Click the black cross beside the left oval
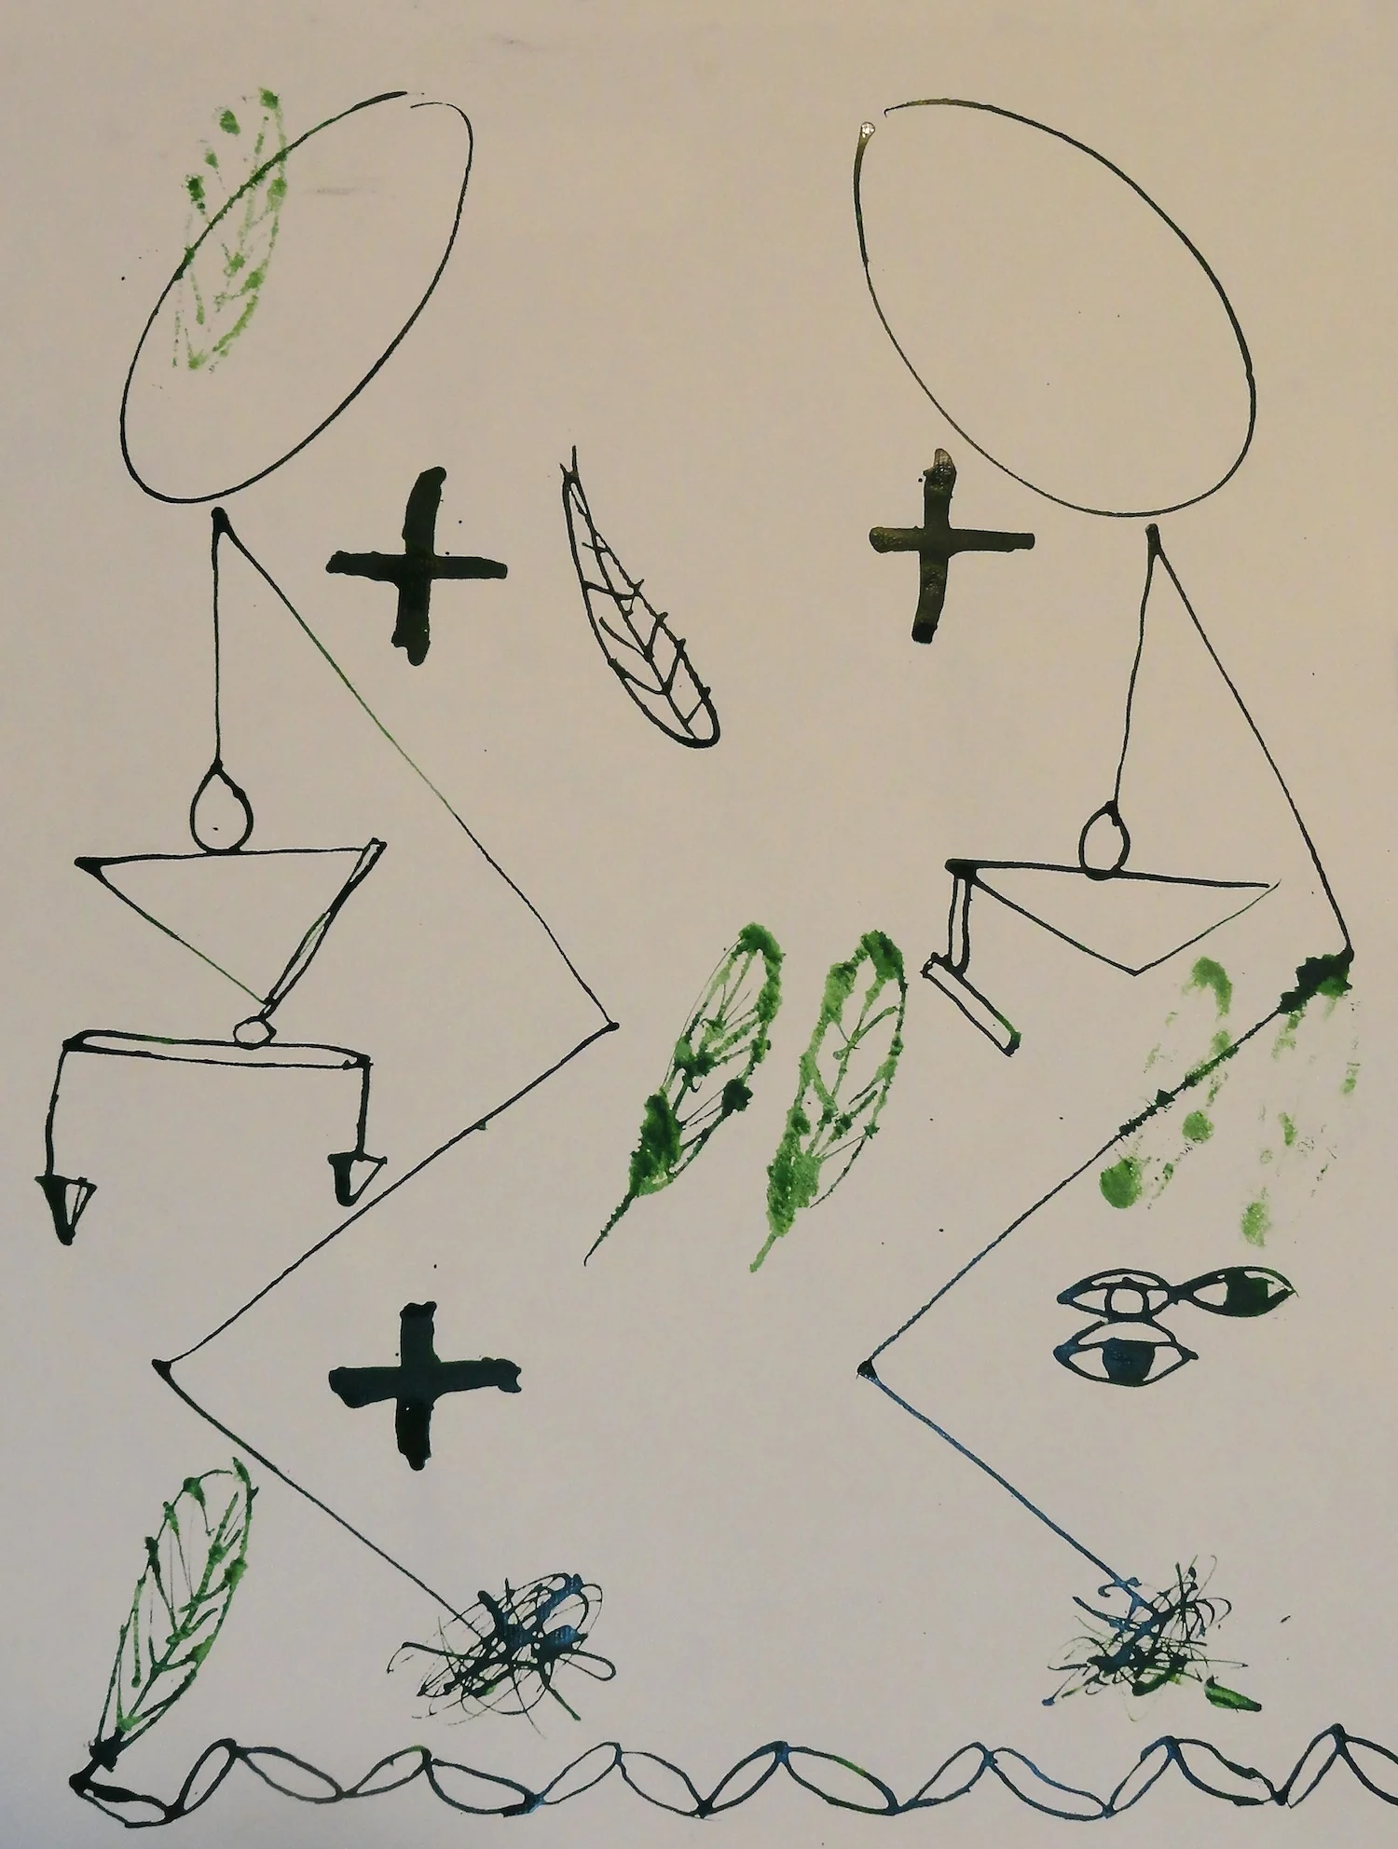pos(417,567)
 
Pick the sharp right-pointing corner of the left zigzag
pos(612,1026)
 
